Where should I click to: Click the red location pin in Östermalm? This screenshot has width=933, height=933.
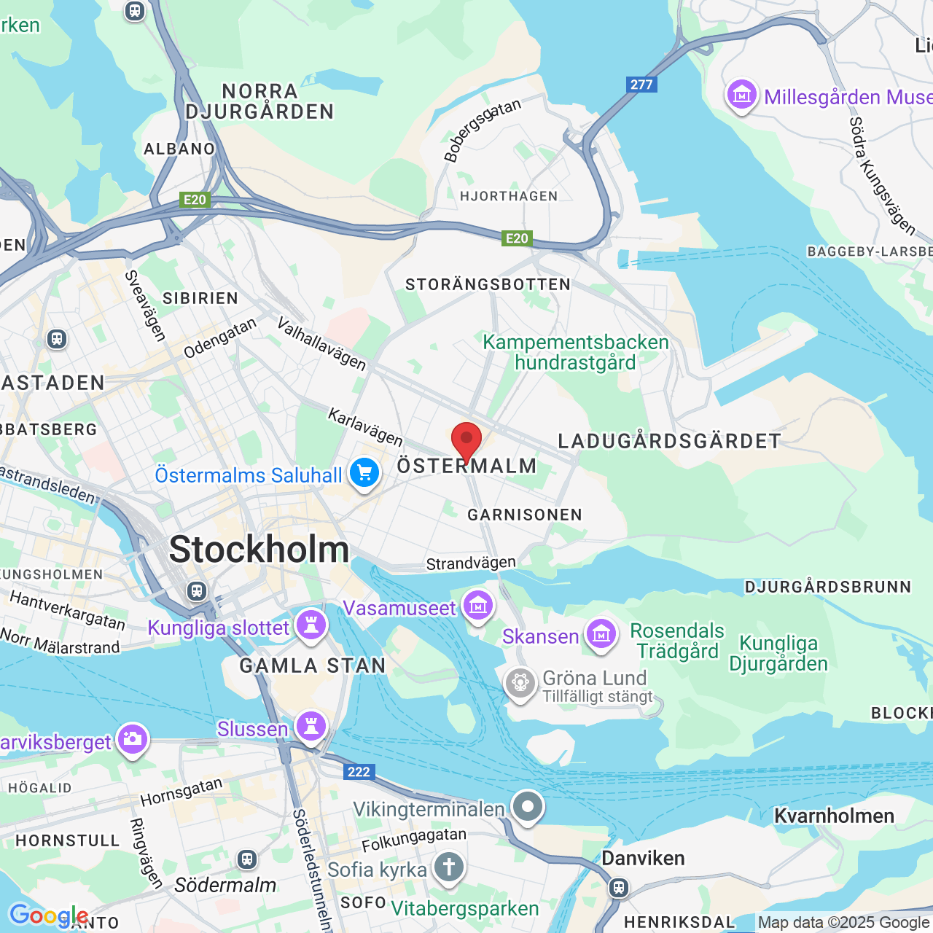point(466,440)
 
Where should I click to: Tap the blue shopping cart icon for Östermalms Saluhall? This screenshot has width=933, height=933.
point(364,473)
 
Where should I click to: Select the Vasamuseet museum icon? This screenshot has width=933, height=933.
point(478,605)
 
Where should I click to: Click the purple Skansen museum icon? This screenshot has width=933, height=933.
point(601,634)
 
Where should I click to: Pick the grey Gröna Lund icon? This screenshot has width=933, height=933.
point(520,683)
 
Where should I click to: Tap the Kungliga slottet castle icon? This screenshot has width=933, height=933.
point(311,625)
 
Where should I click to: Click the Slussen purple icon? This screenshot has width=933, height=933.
point(311,727)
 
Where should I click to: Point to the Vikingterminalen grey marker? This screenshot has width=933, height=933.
point(528,807)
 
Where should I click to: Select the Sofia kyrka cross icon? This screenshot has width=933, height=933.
point(449,867)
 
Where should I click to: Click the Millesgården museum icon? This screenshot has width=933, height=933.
point(742,95)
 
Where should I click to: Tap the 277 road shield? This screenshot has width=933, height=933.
point(641,85)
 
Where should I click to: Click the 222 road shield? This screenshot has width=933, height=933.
point(359,772)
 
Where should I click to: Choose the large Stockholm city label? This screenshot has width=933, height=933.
point(259,550)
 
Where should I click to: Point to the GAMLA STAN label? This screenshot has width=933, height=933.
point(313,665)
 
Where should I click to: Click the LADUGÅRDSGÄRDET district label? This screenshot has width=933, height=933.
point(669,441)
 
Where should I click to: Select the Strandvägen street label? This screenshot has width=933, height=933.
point(471,563)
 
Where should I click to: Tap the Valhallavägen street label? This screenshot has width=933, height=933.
point(321,343)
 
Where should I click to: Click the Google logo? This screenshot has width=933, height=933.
point(48,916)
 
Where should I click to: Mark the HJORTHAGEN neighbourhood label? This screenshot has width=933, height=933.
point(509,196)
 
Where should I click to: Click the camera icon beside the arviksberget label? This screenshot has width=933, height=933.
point(132,739)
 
